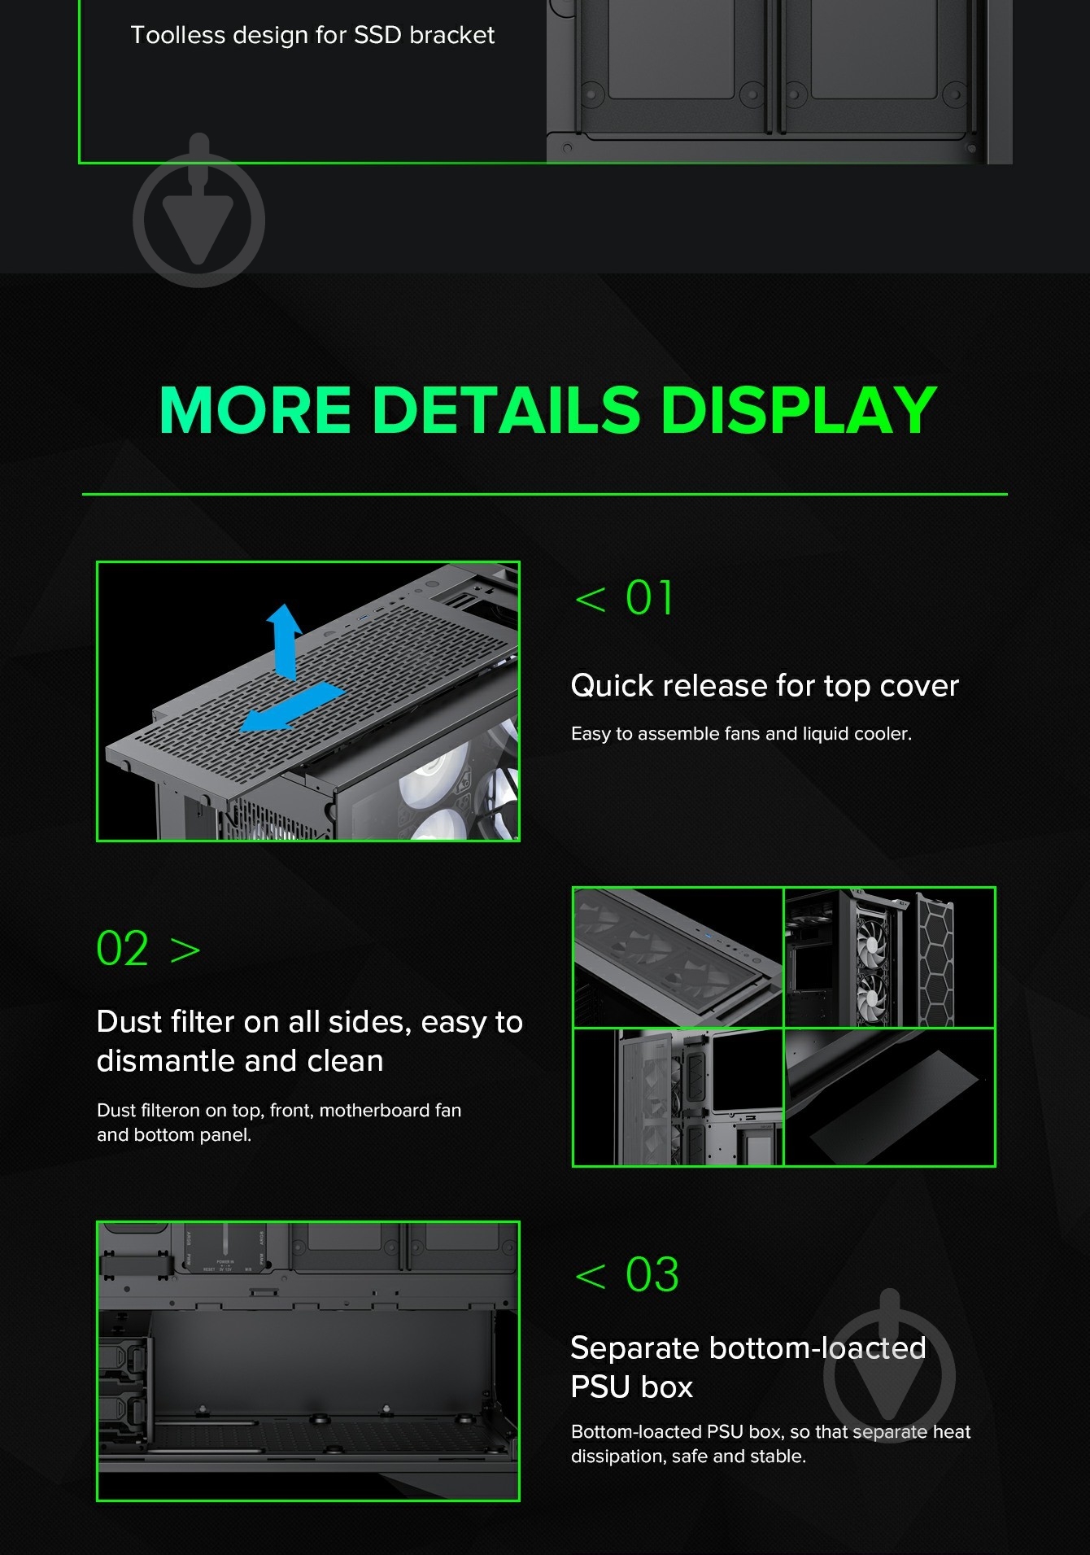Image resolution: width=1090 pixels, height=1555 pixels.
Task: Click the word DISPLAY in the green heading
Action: (798, 409)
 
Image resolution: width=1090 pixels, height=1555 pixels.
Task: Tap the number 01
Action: (649, 598)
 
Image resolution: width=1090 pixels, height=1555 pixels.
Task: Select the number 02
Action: (122, 948)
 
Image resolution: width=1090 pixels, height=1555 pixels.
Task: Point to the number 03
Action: (652, 1274)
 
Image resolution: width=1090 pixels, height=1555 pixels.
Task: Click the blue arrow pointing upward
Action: (285, 641)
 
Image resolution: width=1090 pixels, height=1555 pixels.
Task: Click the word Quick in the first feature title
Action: (612, 685)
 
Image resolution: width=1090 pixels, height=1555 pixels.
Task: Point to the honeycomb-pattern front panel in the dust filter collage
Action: (935, 960)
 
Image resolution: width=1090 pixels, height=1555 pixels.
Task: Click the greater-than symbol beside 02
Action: (185, 950)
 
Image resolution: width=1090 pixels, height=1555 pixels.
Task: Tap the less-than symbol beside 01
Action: (590, 600)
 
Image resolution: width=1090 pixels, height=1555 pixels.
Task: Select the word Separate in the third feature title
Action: (634, 1348)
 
